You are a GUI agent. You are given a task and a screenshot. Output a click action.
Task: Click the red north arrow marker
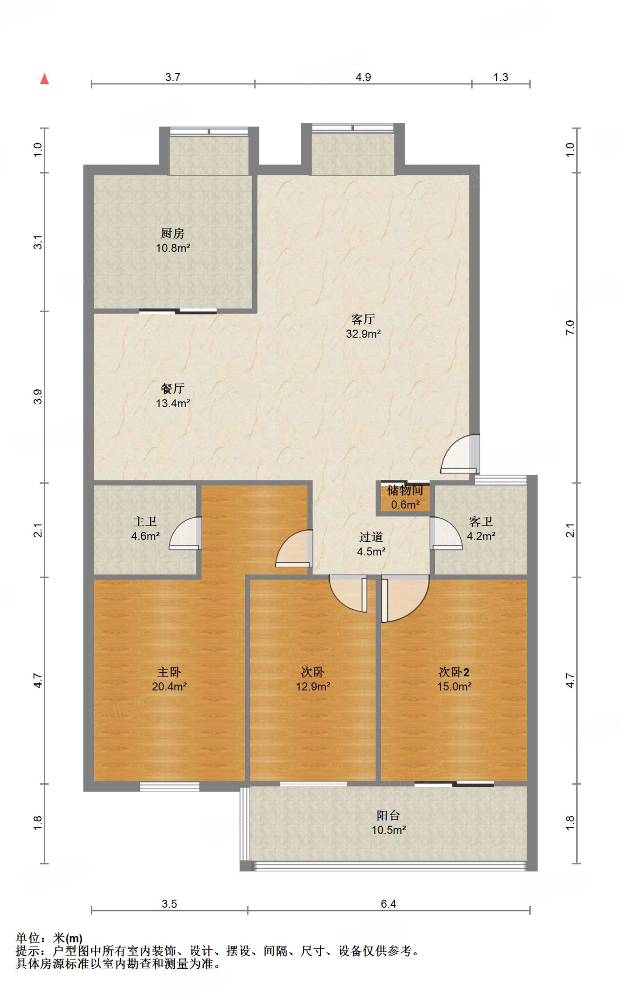coord(45,79)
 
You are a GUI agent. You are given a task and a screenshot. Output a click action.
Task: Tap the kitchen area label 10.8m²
coord(173,248)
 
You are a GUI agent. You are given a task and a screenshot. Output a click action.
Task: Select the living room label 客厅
coord(363,319)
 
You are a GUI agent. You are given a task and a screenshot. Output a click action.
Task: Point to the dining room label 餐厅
coord(172,388)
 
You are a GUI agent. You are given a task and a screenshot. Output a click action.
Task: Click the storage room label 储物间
coord(405,490)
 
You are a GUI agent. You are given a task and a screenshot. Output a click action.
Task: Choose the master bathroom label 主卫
coord(145,521)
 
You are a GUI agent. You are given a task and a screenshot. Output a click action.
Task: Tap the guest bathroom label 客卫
coord(481,521)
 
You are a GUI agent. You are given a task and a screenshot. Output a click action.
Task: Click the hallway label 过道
coord(371,537)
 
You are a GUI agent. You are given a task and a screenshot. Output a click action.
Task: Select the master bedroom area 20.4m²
coord(169,686)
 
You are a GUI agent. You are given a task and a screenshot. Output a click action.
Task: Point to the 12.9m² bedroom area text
coord(313,686)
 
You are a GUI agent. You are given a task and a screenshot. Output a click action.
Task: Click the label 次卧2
coord(454,672)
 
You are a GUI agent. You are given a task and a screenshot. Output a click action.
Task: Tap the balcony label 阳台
coord(389,815)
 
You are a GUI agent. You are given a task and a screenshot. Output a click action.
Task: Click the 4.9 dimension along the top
coord(363,77)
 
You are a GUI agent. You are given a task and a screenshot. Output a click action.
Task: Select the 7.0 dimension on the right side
coord(570,328)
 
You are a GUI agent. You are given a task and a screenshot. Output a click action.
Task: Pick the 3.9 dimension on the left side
coord(38,397)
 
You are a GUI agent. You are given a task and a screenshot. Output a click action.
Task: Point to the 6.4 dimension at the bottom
coord(388,904)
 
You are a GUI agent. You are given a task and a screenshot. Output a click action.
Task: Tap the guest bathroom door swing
coord(446,533)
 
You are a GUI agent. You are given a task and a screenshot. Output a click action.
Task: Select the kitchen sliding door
coord(178,312)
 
